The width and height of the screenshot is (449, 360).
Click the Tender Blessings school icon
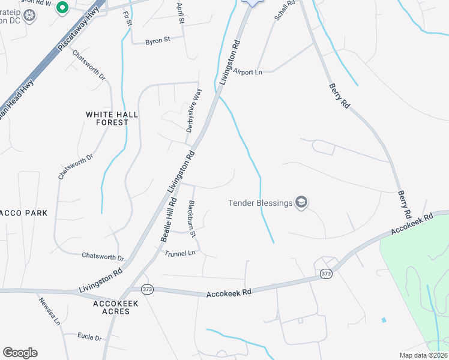301,203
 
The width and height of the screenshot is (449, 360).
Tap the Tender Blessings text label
260,203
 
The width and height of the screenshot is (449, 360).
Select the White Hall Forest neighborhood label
112,118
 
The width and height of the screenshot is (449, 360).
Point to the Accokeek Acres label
116,308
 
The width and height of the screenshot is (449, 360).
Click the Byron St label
158,41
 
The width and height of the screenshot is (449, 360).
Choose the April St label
181,13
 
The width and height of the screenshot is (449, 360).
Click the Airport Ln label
249,71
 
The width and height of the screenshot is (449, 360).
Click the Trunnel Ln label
180,253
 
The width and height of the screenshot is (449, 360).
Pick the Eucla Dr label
90,338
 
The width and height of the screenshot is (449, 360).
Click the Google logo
20,353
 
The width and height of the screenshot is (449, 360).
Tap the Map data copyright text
424,355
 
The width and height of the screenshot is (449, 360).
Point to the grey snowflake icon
28,13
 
